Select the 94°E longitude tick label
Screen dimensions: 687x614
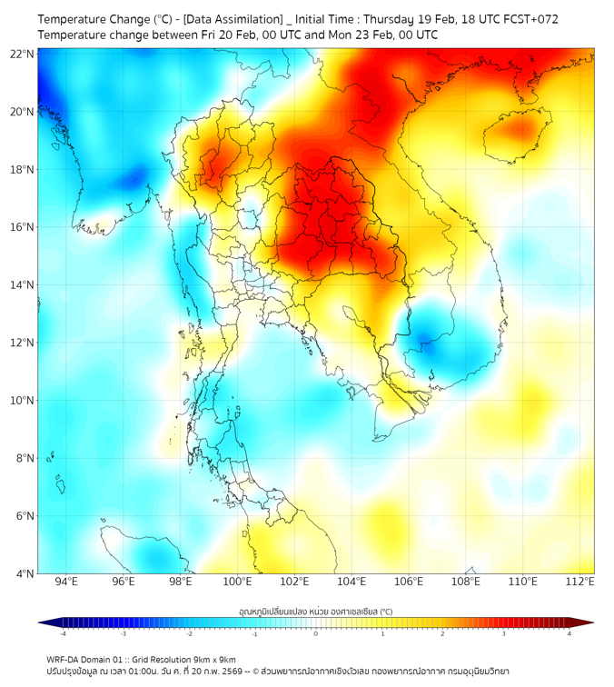point(66,582)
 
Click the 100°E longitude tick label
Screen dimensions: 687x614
point(238,582)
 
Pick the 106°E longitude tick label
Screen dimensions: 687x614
point(410,582)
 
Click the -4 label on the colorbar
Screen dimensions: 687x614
point(63,633)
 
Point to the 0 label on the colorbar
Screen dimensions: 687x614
point(316,633)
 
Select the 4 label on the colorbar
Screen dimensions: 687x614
point(569,633)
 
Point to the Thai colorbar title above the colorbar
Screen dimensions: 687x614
point(316,612)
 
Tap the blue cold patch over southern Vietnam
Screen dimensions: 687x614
point(437,341)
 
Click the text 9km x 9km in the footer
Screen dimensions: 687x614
point(214,660)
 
